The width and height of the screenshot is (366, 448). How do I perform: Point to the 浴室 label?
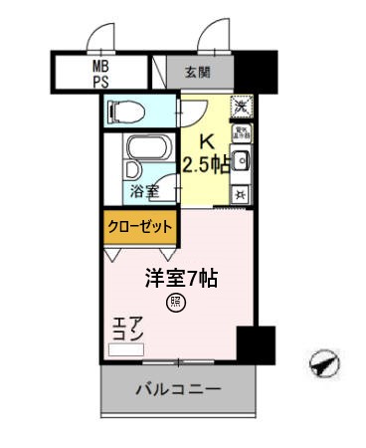pyautogui.click(x=143, y=190)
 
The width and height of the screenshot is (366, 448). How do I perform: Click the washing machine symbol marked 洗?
pyautogui.click(x=241, y=106)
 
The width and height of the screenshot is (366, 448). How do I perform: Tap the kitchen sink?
pyautogui.click(x=241, y=159)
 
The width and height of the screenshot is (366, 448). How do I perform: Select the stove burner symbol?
pyautogui.click(x=241, y=193)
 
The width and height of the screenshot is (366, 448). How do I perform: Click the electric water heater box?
pyautogui.click(x=241, y=133)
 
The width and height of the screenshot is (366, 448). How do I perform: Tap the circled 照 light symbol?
pyautogui.click(x=176, y=303)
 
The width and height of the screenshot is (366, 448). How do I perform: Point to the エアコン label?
pyautogui.click(x=128, y=329)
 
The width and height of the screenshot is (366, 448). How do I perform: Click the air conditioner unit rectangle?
pyautogui.click(x=128, y=349)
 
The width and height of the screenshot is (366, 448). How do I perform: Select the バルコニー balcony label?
pyautogui.click(x=178, y=388)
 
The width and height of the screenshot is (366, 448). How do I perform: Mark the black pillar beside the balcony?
pyautogui.click(x=256, y=344)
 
